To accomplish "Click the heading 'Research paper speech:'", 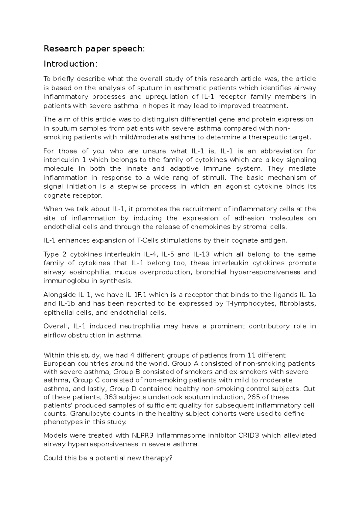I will point(94,49).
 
